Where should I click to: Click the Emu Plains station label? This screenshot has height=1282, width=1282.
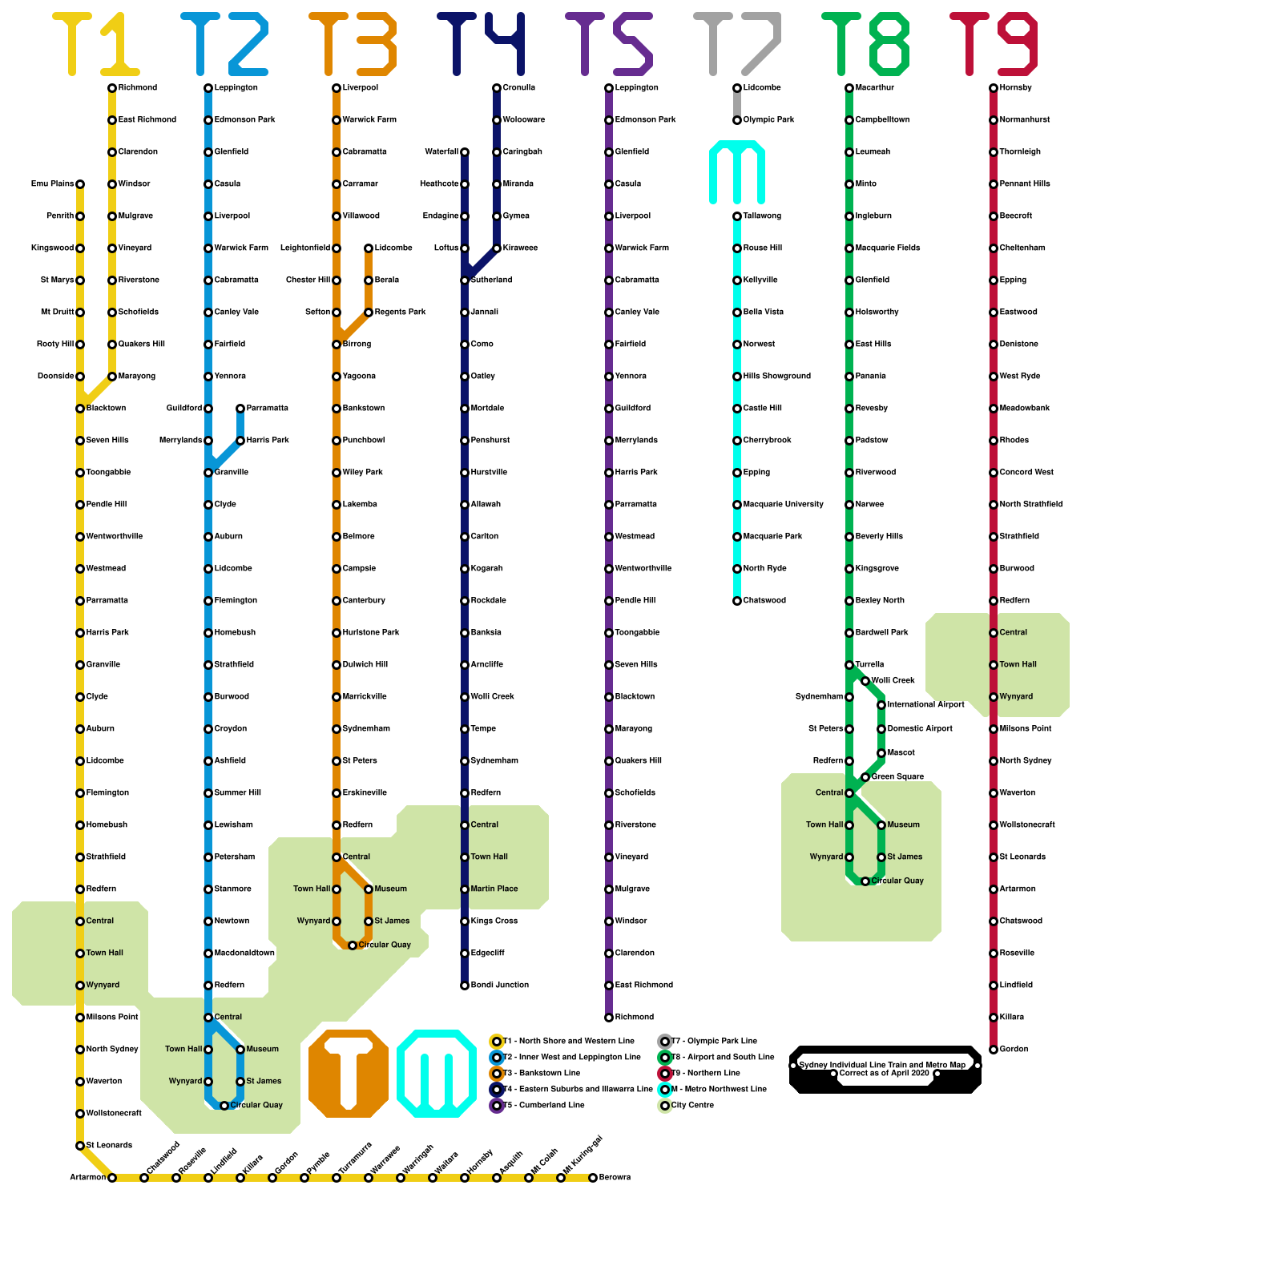click(x=52, y=183)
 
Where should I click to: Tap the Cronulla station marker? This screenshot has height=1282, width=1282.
click(x=497, y=88)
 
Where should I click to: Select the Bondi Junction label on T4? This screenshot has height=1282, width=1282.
click(x=500, y=985)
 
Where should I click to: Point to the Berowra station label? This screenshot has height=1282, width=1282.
click(x=615, y=1177)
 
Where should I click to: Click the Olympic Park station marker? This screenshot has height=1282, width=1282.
click(x=737, y=120)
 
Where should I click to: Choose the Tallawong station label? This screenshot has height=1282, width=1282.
click(x=762, y=216)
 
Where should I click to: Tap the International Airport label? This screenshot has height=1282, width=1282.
click(x=925, y=704)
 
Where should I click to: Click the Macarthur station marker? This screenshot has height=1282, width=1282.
click(x=849, y=88)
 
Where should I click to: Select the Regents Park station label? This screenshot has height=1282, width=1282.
click(x=400, y=312)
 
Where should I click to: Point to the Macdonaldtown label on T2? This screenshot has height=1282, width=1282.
click(x=244, y=953)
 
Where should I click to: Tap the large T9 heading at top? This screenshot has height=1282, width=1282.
click(x=994, y=44)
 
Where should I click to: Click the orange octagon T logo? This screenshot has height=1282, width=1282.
click(x=349, y=1074)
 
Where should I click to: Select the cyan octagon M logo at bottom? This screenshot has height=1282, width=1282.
click(x=437, y=1074)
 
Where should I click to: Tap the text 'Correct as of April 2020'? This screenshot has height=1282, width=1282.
click(x=884, y=1073)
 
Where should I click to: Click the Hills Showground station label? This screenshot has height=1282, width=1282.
click(x=776, y=376)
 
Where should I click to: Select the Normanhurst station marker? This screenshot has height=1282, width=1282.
click(x=994, y=120)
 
